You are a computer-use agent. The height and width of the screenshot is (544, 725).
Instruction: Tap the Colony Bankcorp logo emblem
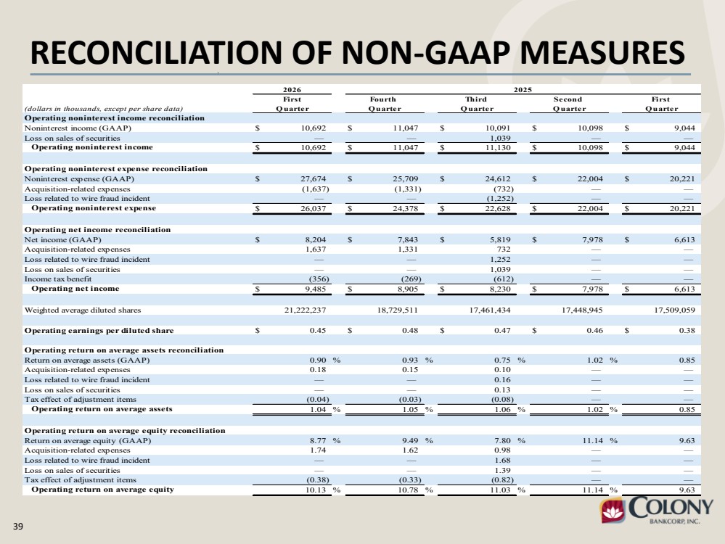[x=613, y=510]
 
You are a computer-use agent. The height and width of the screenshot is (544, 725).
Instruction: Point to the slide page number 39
[x=18, y=526]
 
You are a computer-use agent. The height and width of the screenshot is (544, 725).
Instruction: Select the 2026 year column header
[x=292, y=90]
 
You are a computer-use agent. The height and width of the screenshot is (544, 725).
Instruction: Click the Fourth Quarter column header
[x=384, y=104]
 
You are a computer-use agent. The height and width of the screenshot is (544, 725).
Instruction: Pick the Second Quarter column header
[x=568, y=104]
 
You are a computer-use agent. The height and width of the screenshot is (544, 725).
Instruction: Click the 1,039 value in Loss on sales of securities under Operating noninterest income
[x=500, y=138]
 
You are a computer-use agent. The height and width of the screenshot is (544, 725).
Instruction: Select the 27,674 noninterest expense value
[x=313, y=179]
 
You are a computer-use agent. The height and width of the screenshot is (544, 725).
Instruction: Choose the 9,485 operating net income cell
[x=316, y=289]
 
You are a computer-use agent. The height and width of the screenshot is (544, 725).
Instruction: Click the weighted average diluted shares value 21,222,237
[x=305, y=310]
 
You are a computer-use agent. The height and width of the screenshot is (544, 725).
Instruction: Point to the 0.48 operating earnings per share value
[x=410, y=331]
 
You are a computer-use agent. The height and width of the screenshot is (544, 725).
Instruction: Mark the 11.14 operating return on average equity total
[x=592, y=490]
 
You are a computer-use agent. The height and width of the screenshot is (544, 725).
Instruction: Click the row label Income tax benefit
[x=58, y=279]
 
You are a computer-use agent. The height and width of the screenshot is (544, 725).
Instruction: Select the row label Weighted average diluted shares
[x=82, y=310]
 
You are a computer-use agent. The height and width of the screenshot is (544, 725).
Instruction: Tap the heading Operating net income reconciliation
[x=97, y=230]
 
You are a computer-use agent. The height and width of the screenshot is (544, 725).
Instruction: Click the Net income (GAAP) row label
[x=62, y=240]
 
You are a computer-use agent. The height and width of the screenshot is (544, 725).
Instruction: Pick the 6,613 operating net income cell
[x=685, y=289]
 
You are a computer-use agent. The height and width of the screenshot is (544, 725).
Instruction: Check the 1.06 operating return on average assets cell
[x=503, y=410]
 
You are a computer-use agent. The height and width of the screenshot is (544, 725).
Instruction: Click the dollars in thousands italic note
[x=104, y=109]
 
